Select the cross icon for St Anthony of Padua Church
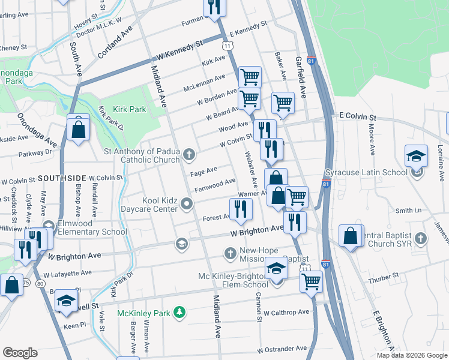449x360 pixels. (x=189, y=155)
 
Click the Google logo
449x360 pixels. (x=20, y=353)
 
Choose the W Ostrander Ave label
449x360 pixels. (x=282, y=349)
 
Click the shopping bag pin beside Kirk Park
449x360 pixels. (x=79, y=129)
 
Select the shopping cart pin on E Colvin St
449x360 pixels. (x=283, y=103)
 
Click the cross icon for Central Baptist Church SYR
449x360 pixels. (x=421, y=238)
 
